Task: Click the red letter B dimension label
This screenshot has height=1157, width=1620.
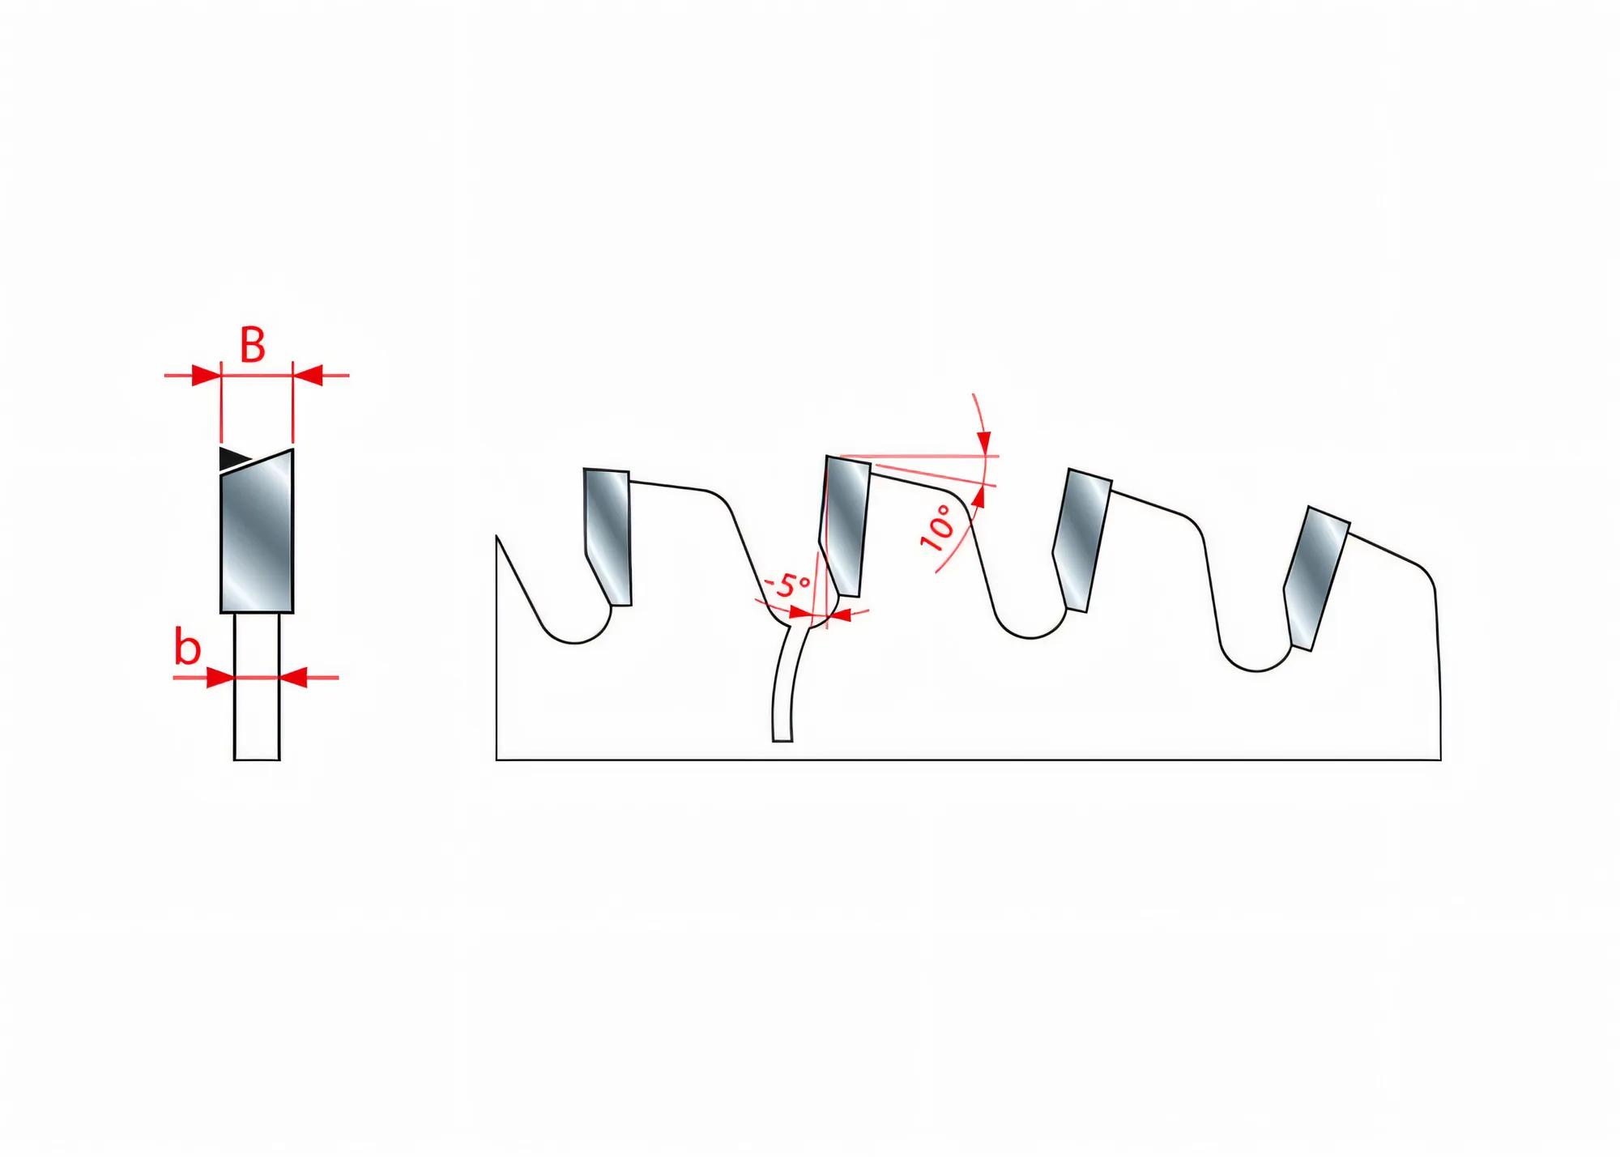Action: pos(253,346)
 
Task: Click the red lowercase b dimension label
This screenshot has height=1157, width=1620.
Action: pos(187,649)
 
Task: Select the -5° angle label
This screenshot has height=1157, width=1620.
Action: pos(787,585)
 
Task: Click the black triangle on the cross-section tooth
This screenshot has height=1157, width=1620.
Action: pos(233,459)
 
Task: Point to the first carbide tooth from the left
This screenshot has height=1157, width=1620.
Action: pos(607,536)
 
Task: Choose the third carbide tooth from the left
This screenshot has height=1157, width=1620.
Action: pos(1082,539)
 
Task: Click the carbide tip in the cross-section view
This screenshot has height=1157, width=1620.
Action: pos(257,531)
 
